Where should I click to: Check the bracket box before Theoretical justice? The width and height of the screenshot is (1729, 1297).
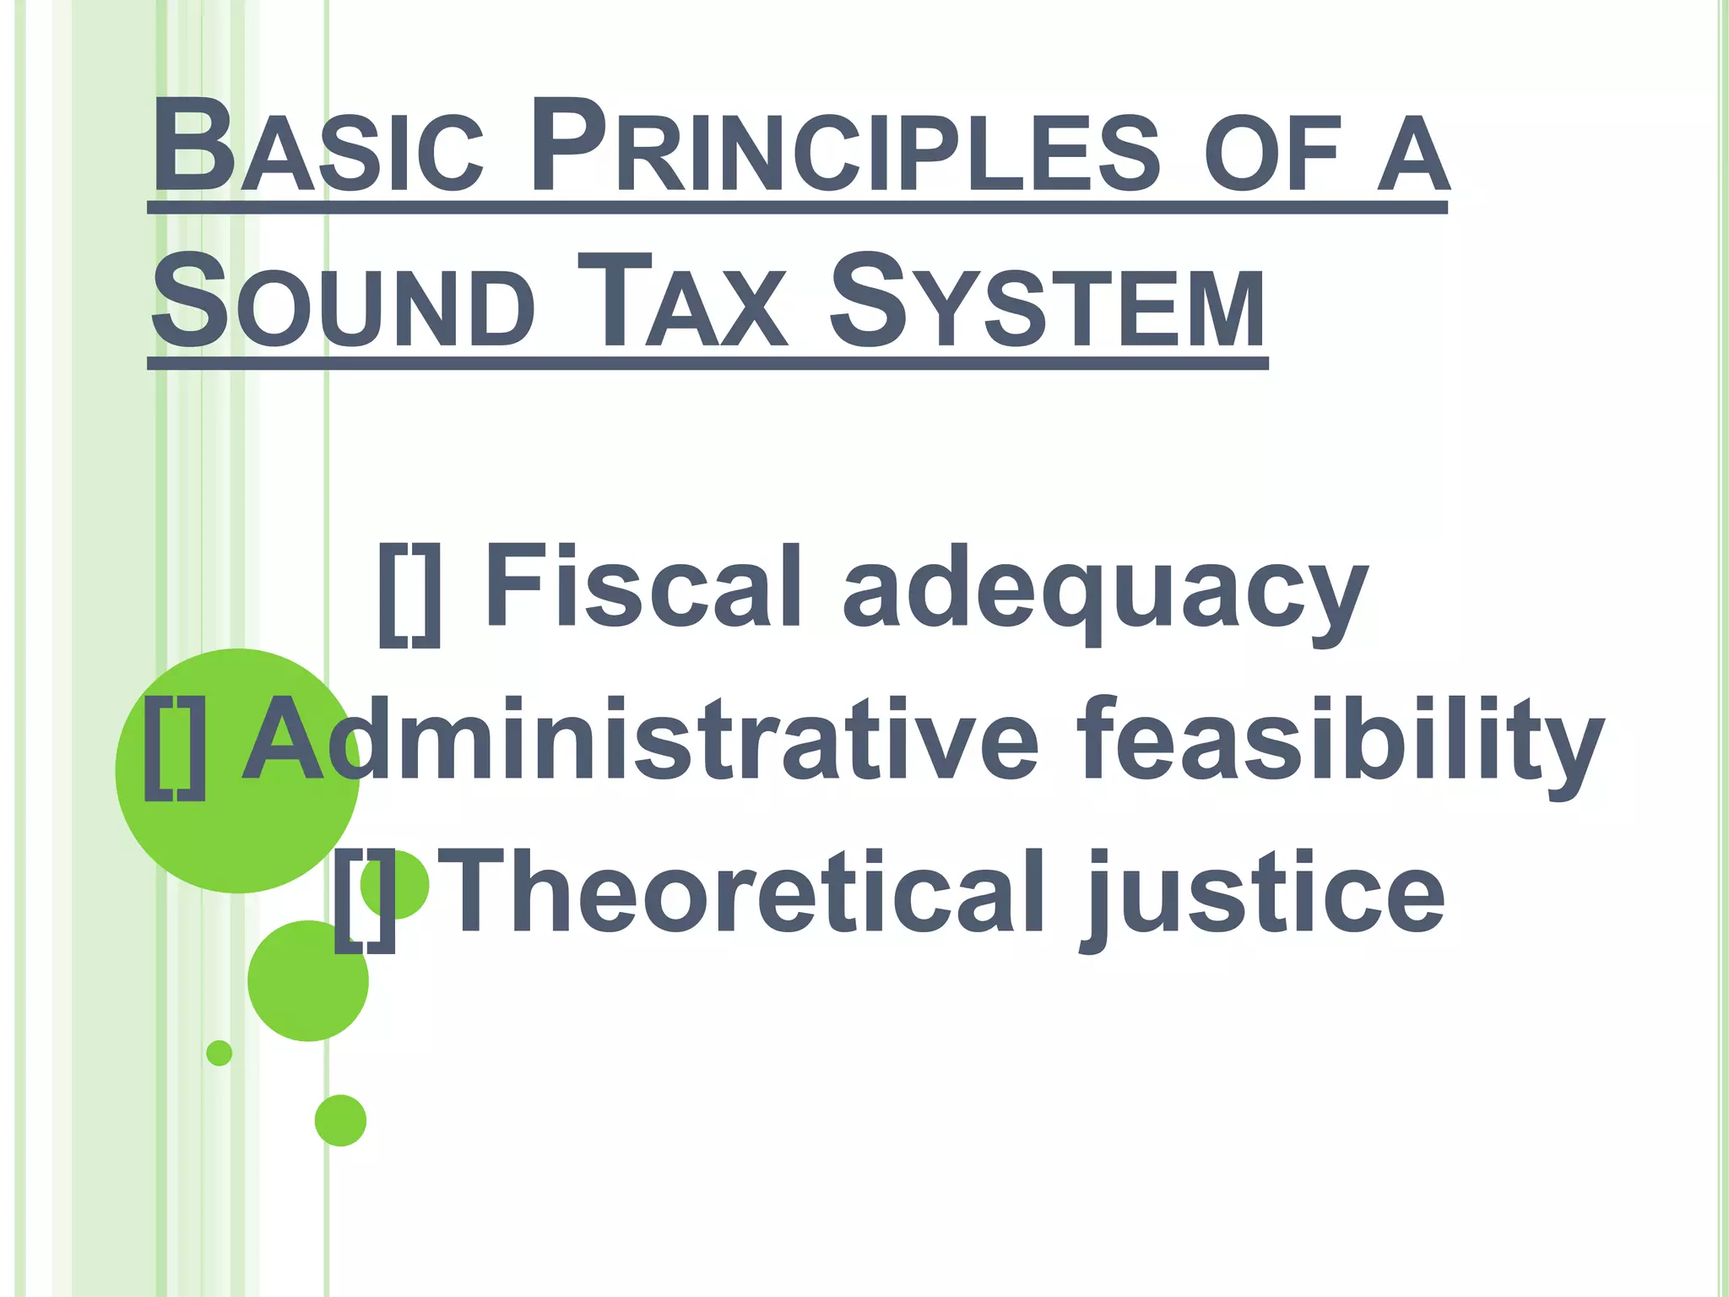(364, 900)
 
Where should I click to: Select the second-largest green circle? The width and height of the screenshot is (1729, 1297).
(307, 981)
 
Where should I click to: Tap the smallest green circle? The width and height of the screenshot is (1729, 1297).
(219, 1053)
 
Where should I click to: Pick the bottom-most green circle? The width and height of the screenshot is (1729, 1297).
(340, 1121)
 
